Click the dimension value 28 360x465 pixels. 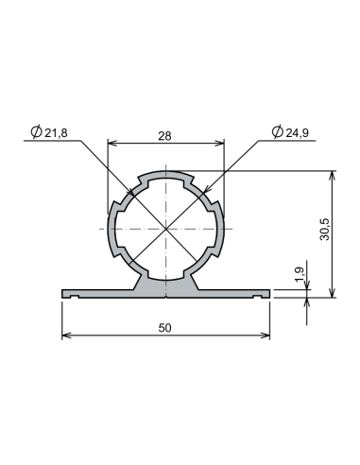pyautogui.click(x=165, y=136)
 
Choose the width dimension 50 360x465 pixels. pyautogui.click(x=165, y=327)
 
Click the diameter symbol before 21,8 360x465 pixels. pyautogui.click(x=35, y=133)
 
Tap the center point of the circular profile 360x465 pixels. pyautogui.click(x=166, y=230)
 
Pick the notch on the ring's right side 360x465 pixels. pyautogui.click(x=220, y=230)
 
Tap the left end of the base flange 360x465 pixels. pyautogui.click(x=64, y=294)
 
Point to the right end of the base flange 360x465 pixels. pyautogui.click(x=268, y=294)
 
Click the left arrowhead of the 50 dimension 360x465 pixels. pyautogui.click(x=65, y=336)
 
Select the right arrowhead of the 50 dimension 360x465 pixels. pyautogui.click(x=267, y=336)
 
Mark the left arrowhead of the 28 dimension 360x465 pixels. pyautogui.click(x=111, y=144)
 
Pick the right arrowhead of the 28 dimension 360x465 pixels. pyautogui.click(x=222, y=144)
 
